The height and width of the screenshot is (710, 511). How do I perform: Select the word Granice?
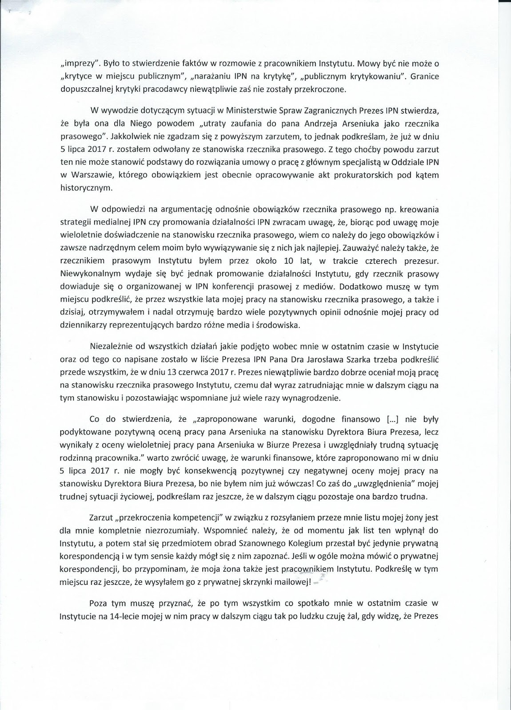(425, 76)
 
